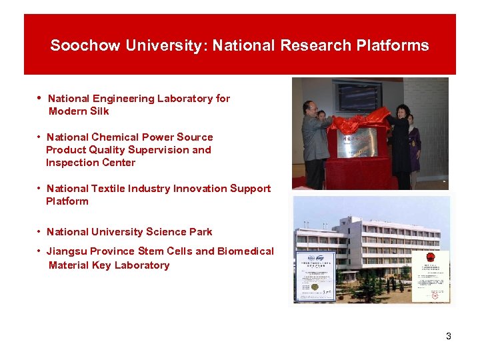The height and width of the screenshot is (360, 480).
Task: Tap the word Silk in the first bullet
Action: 97,111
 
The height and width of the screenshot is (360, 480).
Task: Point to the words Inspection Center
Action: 90,163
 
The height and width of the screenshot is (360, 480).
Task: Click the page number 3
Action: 449,336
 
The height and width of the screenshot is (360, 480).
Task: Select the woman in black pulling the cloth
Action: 402,143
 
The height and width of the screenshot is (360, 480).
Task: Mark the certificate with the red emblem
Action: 430,275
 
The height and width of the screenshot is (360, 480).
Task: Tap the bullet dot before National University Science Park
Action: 40,232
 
